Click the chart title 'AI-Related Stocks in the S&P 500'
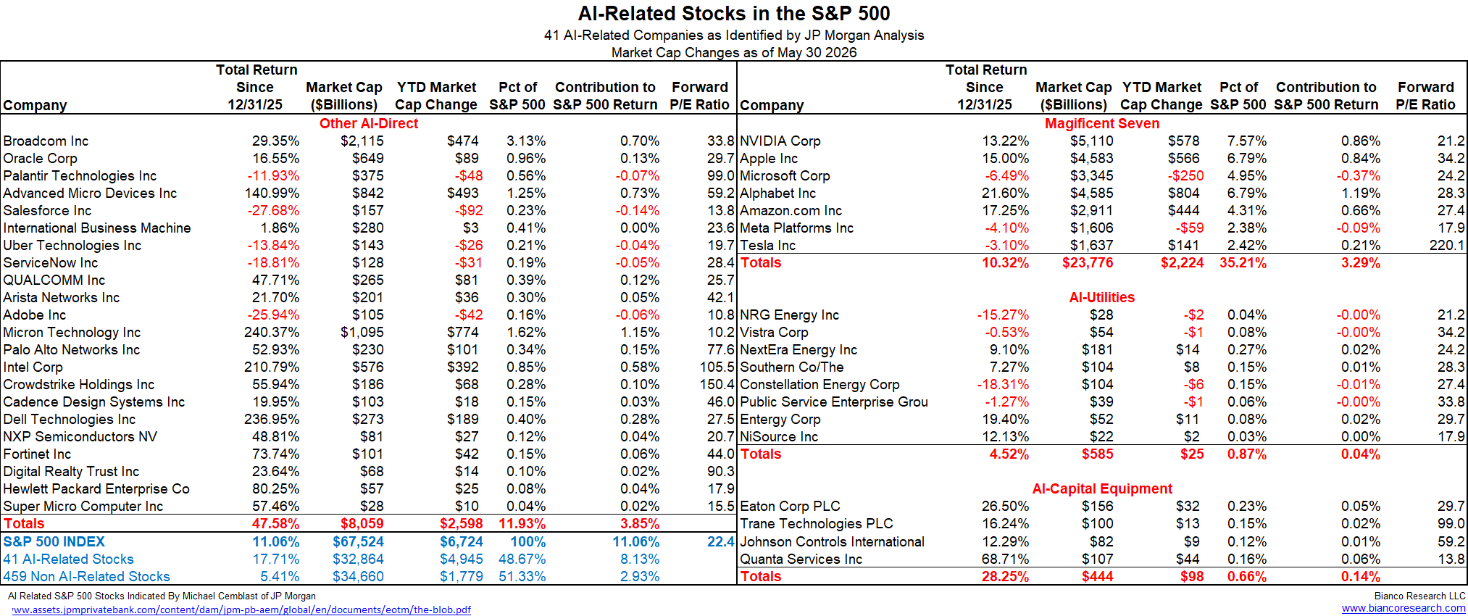734,14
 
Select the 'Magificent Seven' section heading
1102,123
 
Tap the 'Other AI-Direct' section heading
369,123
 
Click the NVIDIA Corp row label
780,141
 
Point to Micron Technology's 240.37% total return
272,332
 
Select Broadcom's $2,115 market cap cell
362,141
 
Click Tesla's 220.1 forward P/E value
1447,245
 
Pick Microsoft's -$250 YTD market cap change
1185,175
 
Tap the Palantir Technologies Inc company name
80,175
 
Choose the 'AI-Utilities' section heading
1102,297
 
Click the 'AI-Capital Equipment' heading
1102,488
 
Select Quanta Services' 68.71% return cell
1005,559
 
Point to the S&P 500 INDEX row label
54,541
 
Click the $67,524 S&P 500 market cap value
359,541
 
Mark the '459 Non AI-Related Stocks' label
86,576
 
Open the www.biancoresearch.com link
1404,608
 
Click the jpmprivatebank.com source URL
241,609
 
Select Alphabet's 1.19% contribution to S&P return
1361,193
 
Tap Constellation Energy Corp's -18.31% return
1003,384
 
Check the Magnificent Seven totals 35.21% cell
1243,262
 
